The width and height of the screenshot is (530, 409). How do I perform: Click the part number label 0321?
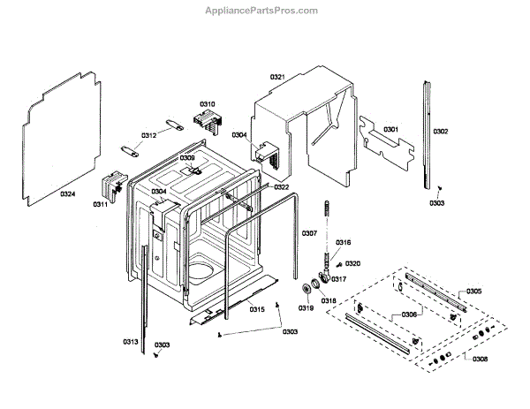(276, 78)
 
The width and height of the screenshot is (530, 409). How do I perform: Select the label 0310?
(208, 104)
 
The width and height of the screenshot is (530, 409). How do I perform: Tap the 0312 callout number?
(148, 135)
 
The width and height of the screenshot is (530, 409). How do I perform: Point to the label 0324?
(67, 193)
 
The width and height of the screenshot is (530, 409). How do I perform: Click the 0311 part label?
(100, 205)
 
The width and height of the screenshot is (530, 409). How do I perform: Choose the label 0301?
(390, 130)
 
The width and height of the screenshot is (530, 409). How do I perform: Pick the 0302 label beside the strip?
(440, 132)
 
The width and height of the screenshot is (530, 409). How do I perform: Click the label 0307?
(308, 233)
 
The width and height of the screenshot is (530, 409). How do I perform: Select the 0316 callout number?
(344, 242)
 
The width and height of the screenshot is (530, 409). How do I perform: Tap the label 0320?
(353, 263)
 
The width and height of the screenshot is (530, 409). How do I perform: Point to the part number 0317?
(338, 280)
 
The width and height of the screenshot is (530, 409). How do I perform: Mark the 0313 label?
(130, 341)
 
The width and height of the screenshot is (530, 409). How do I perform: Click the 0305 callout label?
(474, 292)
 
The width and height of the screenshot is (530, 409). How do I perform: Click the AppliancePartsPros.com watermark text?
(261, 11)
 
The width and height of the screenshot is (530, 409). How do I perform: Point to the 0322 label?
(281, 187)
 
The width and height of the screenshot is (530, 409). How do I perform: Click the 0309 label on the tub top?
(187, 158)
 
